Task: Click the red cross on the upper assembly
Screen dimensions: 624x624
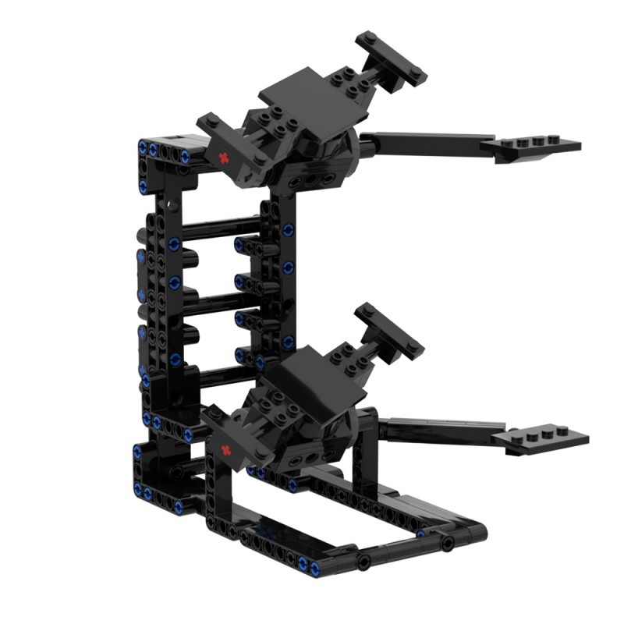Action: tap(226, 158)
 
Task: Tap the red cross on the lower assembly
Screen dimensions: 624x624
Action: tap(226, 450)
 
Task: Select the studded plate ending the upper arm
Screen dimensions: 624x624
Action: tap(538, 144)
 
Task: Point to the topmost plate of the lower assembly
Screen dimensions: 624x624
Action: tap(389, 328)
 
